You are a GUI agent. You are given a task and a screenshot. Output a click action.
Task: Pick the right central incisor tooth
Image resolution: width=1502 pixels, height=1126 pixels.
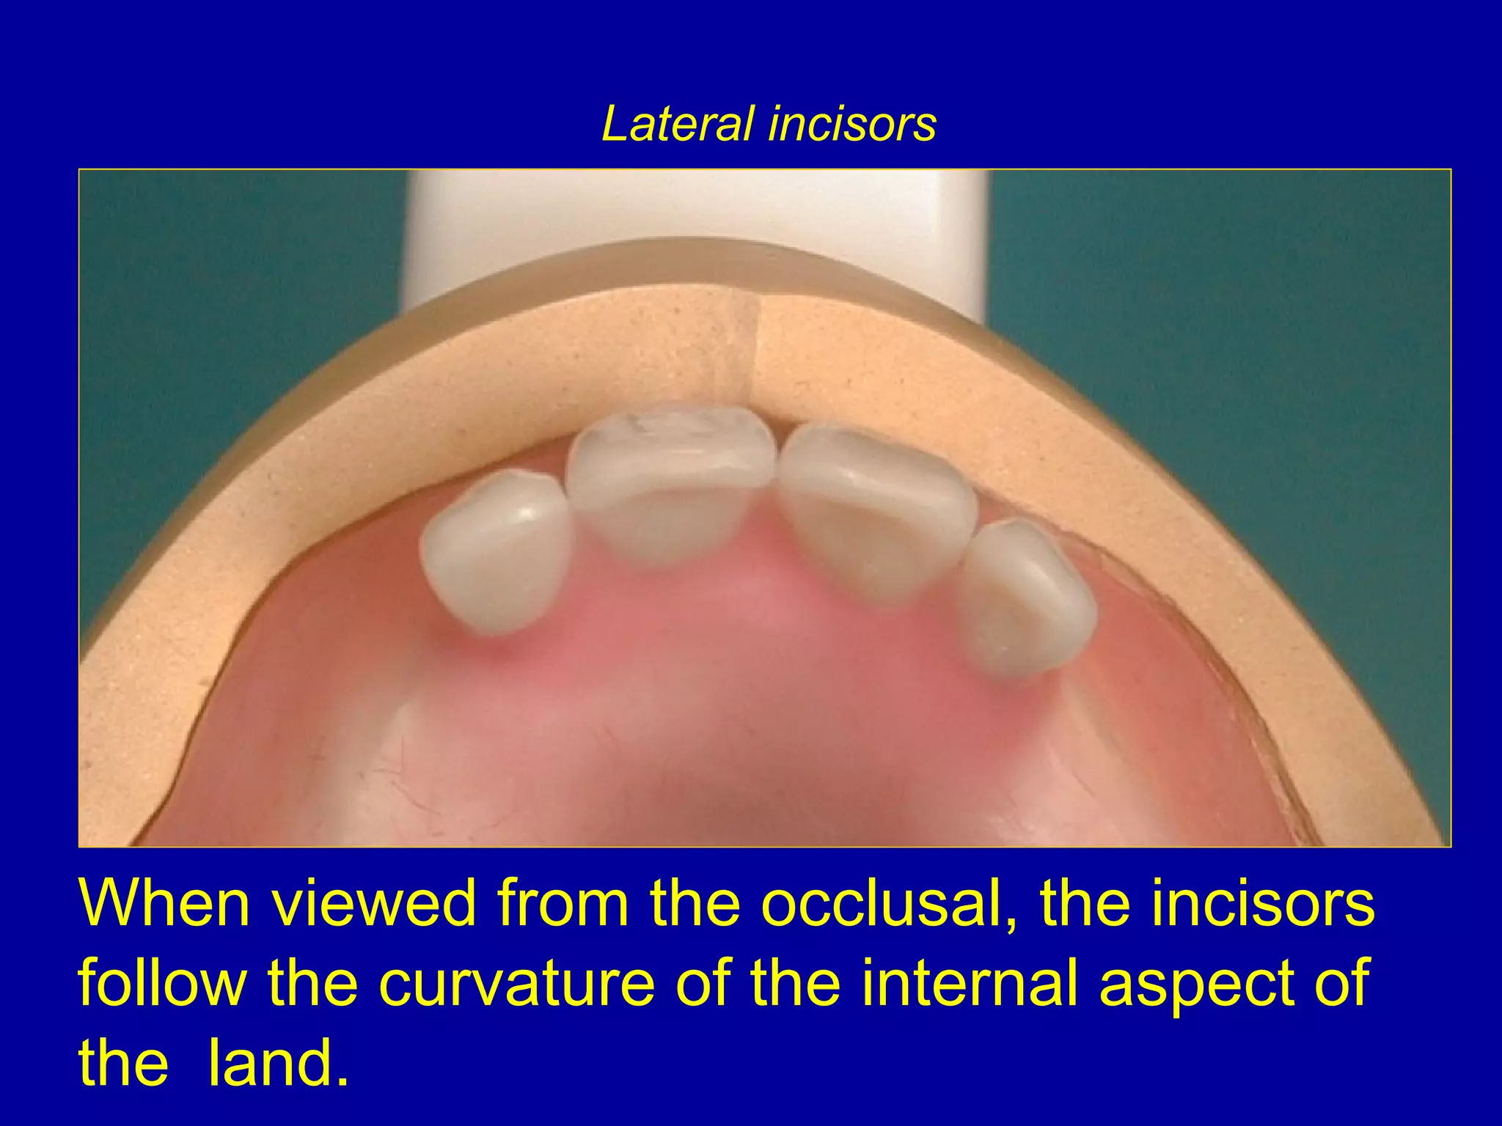click(x=873, y=506)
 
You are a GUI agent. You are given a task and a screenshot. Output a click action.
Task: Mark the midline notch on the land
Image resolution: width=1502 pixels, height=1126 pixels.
click(x=755, y=352)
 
